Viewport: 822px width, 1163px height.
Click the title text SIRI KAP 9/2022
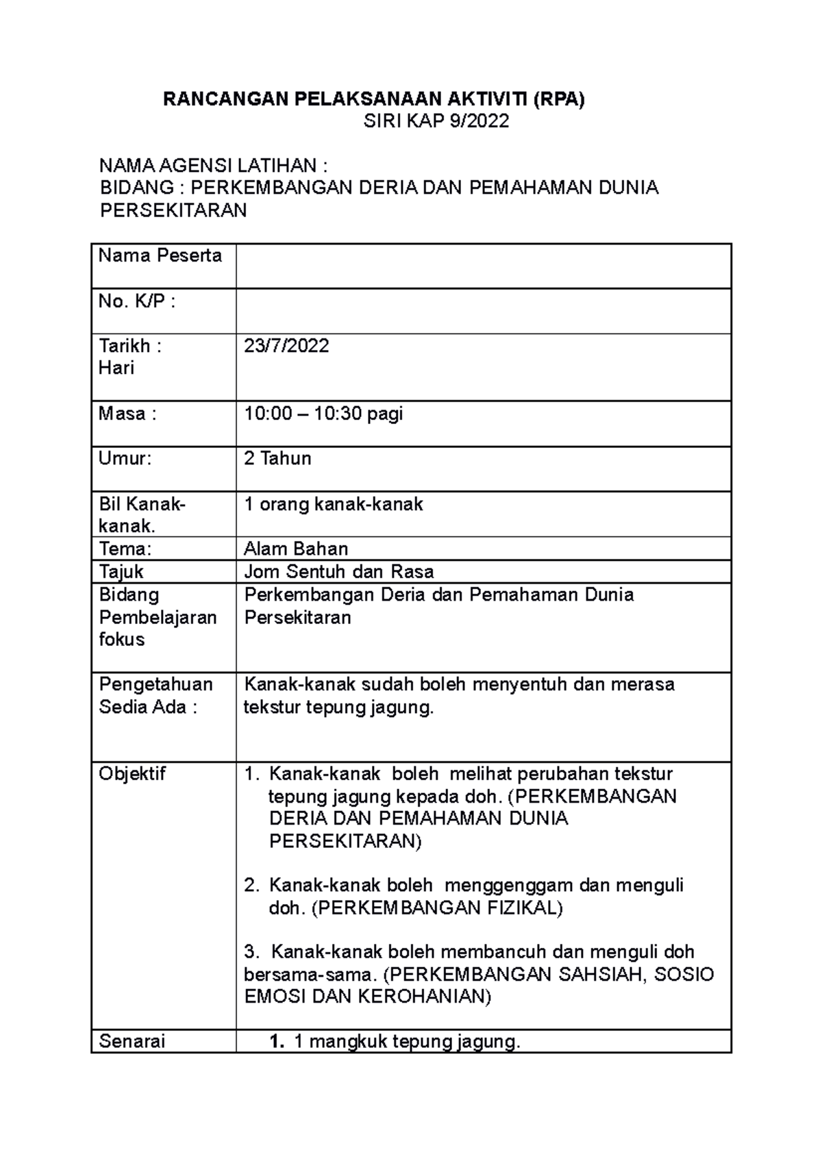tap(436, 121)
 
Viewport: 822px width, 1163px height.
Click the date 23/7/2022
tap(286, 345)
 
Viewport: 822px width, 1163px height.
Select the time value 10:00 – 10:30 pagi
tap(323, 414)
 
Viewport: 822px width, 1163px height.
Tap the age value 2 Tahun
tap(277, 458)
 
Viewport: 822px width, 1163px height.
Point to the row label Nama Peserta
tap(160, 256)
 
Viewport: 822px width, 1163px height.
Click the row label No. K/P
tap(136, 301)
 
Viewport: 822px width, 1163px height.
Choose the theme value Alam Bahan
tap(296, 549)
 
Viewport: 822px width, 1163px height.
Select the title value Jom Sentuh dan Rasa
tap(338, 571)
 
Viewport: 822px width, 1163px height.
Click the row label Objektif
tap(132, 774)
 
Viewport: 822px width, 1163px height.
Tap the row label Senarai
tap(132, 1042)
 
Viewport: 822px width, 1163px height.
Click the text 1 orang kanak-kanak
tap(333, 505)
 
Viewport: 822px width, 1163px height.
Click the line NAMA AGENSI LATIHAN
tap(213, 166)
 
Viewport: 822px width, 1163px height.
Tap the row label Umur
tap(125, 458)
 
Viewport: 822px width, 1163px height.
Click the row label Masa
tap(127, 414)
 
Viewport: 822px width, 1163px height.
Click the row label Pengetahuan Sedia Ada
tap(155, 695)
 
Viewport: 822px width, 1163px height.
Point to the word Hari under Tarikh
tap(116, 368)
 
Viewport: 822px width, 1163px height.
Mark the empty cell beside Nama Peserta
tap(483, 266)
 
